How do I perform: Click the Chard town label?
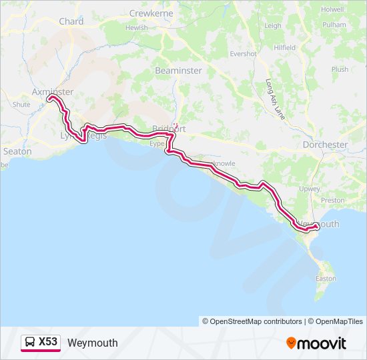[x=71, y=21]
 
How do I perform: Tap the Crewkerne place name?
[x=151, y=13]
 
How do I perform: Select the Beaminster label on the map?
[x=177, y=70]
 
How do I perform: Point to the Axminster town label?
[x=53, y=92]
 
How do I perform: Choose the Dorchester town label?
[x=325, y=144]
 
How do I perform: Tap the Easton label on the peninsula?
[x=326, y=279]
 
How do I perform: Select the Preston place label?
[x=332, y=200]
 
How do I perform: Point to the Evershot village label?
[x=243, y=53]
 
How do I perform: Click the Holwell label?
[x=332, y=9]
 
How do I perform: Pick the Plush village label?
[x=340, y=69]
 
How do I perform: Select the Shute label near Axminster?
[x=21, y=105]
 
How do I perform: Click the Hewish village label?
[x=136, y=28]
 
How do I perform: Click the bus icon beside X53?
[x=30, y=343]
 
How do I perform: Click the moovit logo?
[x=316, y=343]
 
